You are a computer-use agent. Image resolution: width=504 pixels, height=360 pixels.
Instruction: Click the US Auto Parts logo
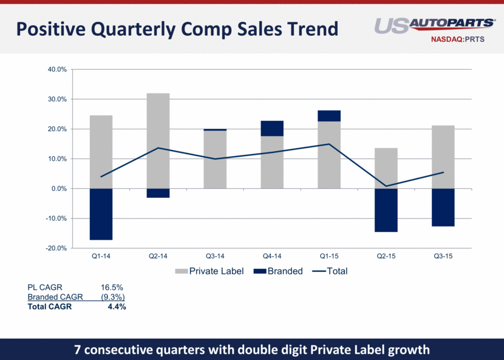434,25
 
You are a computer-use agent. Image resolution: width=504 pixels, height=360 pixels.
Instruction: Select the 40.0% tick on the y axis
56,69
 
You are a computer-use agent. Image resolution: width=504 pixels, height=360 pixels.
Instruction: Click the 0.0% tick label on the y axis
58,189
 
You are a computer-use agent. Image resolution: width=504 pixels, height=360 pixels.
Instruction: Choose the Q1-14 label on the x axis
101,257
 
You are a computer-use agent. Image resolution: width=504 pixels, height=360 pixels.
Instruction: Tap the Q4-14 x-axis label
272,257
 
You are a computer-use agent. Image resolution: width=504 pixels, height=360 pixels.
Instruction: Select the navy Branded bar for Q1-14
101,214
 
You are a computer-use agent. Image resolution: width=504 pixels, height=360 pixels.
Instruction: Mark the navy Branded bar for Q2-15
386,210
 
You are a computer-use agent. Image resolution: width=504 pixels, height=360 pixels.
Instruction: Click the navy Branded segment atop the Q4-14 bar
272,128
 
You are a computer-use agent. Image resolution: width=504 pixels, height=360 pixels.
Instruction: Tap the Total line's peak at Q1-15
329,144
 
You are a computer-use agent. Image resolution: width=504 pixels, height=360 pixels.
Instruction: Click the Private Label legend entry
209,271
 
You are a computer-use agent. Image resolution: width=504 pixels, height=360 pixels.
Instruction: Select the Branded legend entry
279,271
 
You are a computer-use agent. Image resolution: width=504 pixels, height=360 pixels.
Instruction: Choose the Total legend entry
330,271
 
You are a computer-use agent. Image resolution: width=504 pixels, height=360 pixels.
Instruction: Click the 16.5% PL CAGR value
112,287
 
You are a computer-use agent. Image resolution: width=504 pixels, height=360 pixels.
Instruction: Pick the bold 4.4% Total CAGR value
116,307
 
